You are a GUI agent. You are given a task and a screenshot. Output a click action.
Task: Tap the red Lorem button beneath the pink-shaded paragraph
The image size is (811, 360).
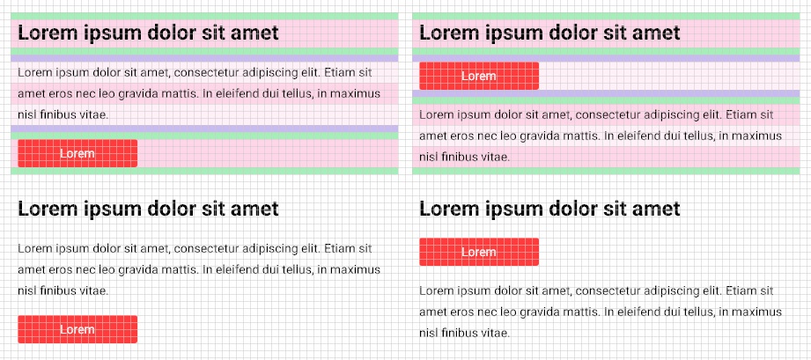(77, 153)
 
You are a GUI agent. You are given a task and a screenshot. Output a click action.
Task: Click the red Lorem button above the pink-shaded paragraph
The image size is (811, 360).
(479, 76)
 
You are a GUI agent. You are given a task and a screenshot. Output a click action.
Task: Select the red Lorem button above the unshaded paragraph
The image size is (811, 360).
(479, 252)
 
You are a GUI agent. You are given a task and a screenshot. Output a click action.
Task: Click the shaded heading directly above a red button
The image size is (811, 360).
(549, 33)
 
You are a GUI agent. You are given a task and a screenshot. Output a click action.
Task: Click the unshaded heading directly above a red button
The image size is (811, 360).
(549, 209)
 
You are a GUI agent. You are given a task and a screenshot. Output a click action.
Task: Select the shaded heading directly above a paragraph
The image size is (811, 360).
(148, 33)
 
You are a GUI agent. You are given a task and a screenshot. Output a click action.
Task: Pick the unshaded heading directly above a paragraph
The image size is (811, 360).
(148, 209)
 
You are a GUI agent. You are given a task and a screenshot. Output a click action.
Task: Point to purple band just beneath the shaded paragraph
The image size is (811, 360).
(204, 129)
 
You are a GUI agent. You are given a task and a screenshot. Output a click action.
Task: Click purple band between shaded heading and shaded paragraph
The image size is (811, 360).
(204, 58)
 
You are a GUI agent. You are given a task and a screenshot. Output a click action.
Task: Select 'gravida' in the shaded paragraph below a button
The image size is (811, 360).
(552, 136)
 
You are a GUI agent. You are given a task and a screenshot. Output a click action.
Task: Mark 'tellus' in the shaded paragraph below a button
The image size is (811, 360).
(695, 136)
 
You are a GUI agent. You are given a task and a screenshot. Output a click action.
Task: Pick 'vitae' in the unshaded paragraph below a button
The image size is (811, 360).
(494, 333)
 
